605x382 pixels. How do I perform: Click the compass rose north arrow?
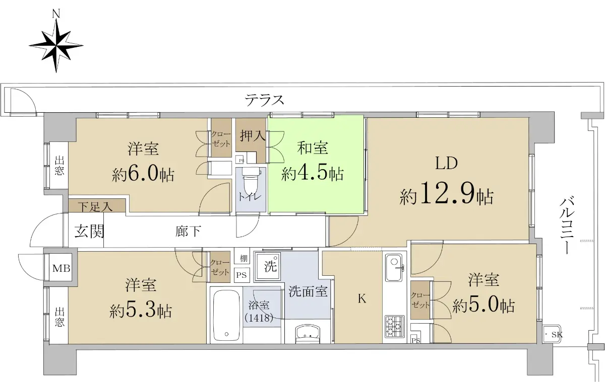coord(56,42)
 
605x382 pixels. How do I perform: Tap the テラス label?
coord(264,100)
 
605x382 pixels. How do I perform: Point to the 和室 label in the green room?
coord(313,148)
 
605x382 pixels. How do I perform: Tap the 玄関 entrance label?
coord(89,232)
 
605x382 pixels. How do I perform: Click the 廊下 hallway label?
coord(188,232)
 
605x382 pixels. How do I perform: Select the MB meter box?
coord(62,268)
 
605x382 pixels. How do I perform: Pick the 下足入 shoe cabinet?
coord(97,206)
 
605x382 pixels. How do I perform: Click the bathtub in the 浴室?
coord(226,316)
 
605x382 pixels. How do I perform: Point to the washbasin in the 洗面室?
coord(308,334)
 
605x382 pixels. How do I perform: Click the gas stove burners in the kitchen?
coord(395,327)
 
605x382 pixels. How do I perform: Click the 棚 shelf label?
coord(244,259)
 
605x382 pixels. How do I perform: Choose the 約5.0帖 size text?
coord(483,306)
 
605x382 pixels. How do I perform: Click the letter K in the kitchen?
coord(362,298)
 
